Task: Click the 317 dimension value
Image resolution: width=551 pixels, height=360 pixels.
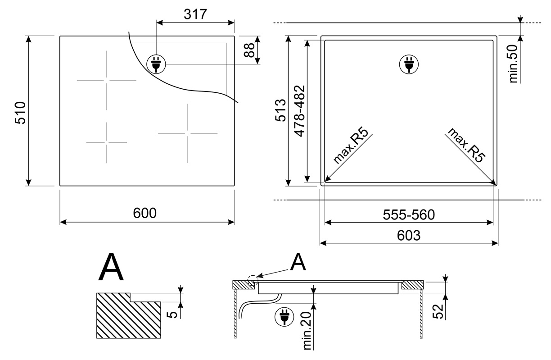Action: (195, 14)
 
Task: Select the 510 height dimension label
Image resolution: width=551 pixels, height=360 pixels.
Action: (20, 113)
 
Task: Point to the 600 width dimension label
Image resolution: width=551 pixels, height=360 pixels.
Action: (145, 213)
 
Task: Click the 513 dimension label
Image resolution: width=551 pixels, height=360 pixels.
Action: (280, 110)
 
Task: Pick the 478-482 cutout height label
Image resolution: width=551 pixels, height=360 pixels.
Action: (299, 111)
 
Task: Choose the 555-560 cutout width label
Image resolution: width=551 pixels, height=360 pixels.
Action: (409, 215)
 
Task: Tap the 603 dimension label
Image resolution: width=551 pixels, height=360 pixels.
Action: (409, 235)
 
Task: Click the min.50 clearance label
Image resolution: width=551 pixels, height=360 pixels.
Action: (513, 64)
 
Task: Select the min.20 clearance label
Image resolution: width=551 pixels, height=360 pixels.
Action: (307, 330)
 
